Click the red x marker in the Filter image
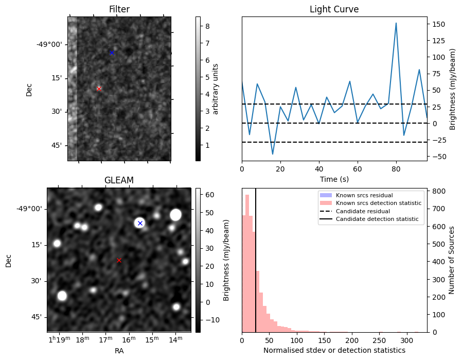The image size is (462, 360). click(x=99, y=89)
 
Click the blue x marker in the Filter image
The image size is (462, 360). click(x=112, y=53)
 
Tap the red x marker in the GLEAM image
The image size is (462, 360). click(x=119, y=260)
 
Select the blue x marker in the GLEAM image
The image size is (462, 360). click(x=140, y=223)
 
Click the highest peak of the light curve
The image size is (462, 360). click(x=396, y=23)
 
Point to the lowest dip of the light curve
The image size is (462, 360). click(x=273, y=154)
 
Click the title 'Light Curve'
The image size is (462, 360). click(x=334, y=9)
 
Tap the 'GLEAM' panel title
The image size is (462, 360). click(x=119, y=180)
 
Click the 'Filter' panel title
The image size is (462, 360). click(x=119, y=9)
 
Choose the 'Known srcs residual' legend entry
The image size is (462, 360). click(x=364, y=195)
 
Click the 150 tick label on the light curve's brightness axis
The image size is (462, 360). click(x=439, y=24)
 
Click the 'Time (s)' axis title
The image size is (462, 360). click(x=334, y=179)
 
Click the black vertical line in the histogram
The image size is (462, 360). click(x=256, y=268)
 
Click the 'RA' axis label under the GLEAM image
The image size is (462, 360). click(x=119, y=351)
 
